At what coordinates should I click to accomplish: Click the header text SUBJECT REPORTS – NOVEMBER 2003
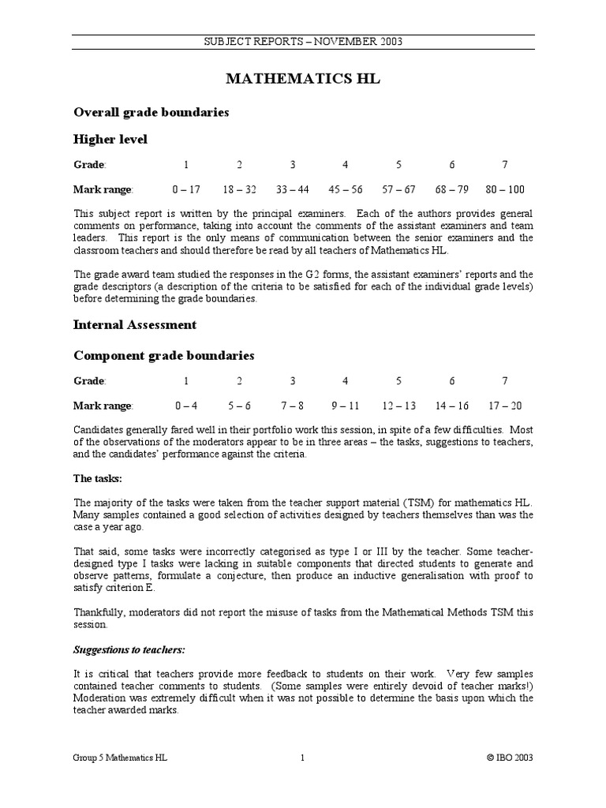coord(303,42)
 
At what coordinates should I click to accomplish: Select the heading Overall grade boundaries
coord(151,112)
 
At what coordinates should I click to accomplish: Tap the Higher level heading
coord(110,139)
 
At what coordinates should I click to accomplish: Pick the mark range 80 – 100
coord(505,189)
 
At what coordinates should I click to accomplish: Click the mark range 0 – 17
coord(186,189)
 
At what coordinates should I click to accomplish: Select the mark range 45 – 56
coord(346,189)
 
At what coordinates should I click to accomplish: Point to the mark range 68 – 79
coord(451,189)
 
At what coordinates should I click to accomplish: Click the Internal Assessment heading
coord(135,324)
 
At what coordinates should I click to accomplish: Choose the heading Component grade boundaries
coord(163,355)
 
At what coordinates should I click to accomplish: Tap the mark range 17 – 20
coord(505,406)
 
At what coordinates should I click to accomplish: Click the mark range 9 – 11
coord(346,406)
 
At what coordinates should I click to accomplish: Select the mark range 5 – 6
coord(239,406)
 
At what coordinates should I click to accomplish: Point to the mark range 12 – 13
coord(398,406)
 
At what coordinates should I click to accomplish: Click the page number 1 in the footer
coord(302,757)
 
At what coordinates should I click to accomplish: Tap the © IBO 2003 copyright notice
coord(510,757)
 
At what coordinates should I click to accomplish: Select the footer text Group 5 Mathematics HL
coord(120,757)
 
